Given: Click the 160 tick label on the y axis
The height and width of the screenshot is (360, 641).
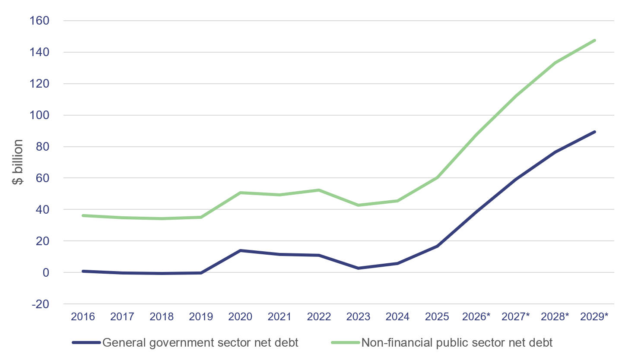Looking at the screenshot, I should (39, 21).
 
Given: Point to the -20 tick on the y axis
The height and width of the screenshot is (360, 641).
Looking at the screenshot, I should (40, 304).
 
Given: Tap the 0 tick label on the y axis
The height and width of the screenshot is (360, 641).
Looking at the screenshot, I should (45, 272).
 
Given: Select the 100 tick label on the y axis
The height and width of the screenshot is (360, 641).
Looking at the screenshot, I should (39, 115).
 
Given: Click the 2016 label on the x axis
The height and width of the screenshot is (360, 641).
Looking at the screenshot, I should (83, 317).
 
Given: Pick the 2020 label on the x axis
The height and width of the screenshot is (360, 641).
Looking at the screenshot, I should (240, 317).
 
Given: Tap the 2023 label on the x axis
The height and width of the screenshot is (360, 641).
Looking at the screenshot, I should (358, 317).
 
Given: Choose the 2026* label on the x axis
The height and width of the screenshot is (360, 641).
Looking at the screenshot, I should (476, 317).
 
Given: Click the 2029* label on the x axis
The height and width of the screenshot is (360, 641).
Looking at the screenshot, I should (594, 317).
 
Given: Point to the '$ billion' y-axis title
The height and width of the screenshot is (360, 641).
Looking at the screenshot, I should (18, 162).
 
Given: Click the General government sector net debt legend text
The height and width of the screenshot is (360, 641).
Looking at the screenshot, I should (200, 343).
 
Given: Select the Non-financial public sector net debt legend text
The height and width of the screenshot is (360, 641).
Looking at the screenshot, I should (457, 343).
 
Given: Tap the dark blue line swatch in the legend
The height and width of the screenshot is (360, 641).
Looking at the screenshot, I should (86, 343).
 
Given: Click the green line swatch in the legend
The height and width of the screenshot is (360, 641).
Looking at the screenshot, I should (346, 343).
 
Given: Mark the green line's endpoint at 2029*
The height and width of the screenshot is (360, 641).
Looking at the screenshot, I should (594, 41).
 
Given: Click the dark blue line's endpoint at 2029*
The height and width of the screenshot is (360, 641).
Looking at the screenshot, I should (594, 132).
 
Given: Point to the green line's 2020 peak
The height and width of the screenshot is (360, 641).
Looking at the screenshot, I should (240, 193).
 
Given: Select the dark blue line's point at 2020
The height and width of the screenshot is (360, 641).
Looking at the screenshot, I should (240, 250).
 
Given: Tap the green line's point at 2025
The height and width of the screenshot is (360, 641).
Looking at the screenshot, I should (437, 177).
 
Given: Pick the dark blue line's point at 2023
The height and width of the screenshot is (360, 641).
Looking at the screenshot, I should (358, 268).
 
